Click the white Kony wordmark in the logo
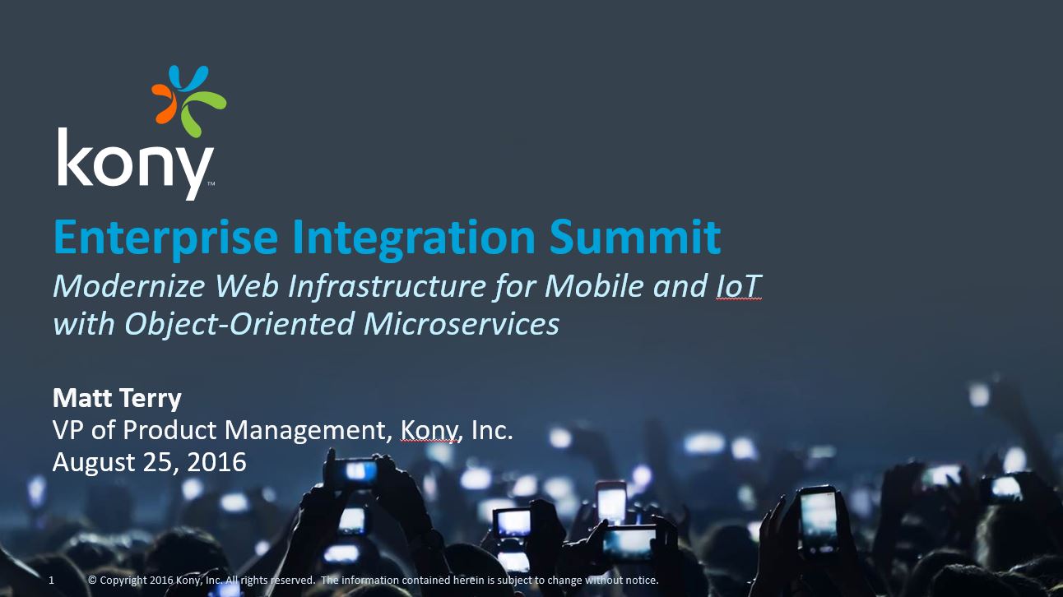[135, 163]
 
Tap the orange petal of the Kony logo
[165, 104]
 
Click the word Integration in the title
[414, 238]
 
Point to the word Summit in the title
[635, 237]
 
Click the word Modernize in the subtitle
[129, 286]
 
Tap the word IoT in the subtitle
[738, 286]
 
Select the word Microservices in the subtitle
[462, 324]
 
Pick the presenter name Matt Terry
[117, 398]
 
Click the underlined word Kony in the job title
[429, 432]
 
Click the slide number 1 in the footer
[52, 580]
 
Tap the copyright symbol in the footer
[92, 580]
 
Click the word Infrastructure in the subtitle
[388, 286]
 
